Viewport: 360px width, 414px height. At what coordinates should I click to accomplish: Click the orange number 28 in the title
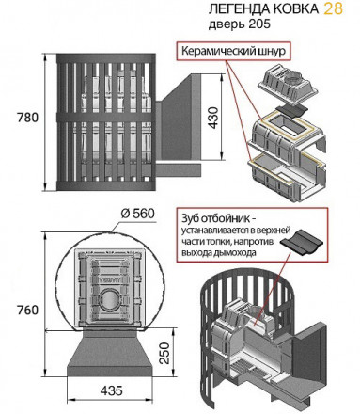pyautogui.click(x=334, y=8)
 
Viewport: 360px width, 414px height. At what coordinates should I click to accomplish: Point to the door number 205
pyautogui.click(x=259, y=24)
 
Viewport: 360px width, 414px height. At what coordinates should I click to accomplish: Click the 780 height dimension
pyautogui.click(x=27, y=118)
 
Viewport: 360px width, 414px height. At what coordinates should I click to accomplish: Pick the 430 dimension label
pyautogui.click(x=213, y=118)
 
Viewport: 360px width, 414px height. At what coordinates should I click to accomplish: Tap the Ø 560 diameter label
pyautogui.click(x=138, y=214)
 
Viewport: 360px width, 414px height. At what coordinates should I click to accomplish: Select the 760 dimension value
pyautogui.click(x=27, y=310)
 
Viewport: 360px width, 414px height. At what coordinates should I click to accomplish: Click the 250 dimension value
pyautogui.click(x=164, y=353)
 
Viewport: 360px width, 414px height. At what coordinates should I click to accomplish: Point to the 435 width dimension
pyautogui.click(x=112, y=390)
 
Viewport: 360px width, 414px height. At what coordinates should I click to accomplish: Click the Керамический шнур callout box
pyautogui.click(x=234, y=51)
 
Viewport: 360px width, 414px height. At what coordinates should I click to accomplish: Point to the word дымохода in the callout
pyautogui.click(x=238, y=252)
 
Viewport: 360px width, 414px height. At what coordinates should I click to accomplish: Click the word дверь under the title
pyautogui.click(x=227, y=24)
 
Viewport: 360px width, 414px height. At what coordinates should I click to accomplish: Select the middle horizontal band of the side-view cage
pyautogui.click(x=106, y=117)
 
